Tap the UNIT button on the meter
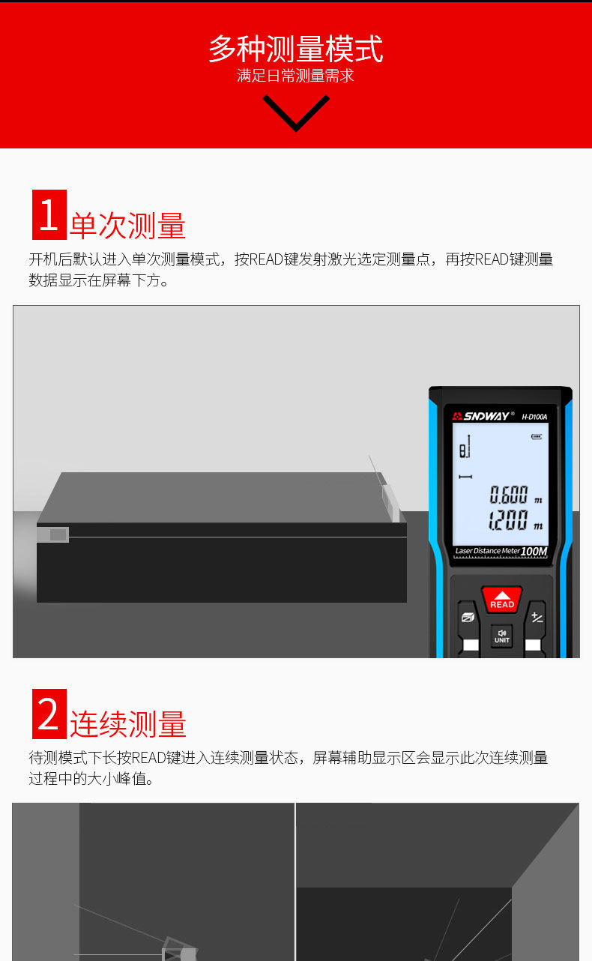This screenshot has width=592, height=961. tap(501, 636)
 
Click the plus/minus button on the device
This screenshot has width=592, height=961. tap(537, 618)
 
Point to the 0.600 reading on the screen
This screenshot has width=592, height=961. tap(509, 495)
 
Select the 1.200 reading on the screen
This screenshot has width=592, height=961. tap(509, 521)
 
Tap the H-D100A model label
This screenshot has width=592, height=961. tap(534, 417)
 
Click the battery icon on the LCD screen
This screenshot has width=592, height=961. tap(536, 437)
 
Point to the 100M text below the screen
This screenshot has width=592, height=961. tap(534, 552)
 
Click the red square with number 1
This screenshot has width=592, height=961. tap(49, 215)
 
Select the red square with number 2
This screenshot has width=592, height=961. tap(49, 714)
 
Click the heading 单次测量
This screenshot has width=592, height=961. tap(127, 226)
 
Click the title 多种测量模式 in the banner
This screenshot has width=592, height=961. tap(296, 49)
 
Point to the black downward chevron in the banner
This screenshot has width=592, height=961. tap(296, 112)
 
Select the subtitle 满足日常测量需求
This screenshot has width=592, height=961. tap(296, 76)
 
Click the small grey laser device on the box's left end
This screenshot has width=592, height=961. tap(56, 534)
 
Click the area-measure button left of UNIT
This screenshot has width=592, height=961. tap(468, 618)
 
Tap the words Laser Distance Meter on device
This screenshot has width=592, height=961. tap(487, 551)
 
